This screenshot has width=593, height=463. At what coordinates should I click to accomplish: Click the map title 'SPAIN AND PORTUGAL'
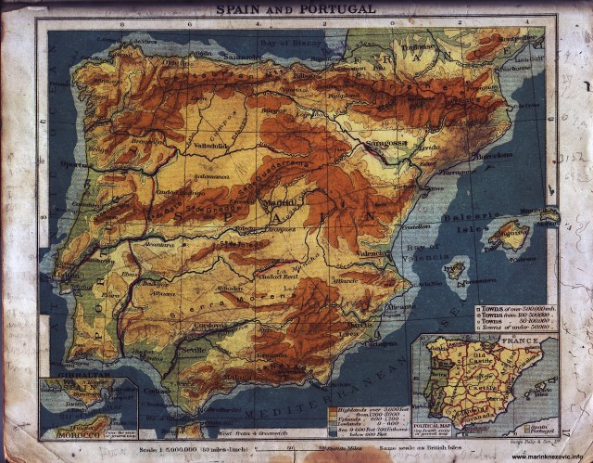point(296,8)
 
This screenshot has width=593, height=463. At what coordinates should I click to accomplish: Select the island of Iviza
point(454,271)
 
